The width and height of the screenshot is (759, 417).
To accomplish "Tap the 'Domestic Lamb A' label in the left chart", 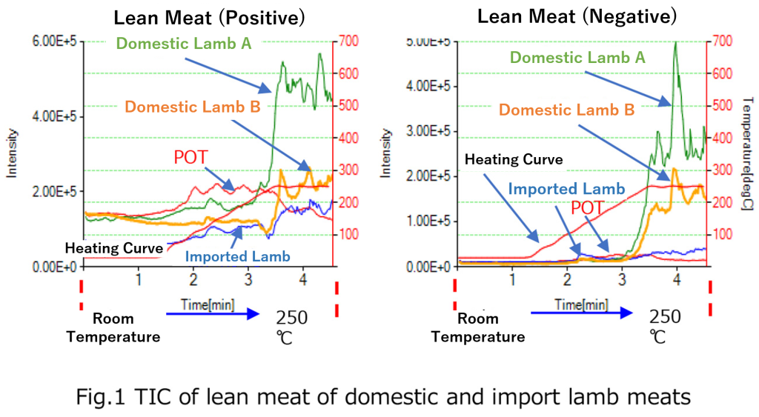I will tap(185, 43).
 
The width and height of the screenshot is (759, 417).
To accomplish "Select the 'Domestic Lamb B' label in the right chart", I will tap(566, 110).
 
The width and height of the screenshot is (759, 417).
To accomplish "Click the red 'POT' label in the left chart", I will tap(192, 157).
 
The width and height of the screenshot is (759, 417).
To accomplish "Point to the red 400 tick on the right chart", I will tap(720, 139).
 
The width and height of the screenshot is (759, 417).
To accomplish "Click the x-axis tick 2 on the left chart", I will tap(193, 279).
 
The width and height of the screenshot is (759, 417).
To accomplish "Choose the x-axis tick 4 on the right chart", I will tap(677, 279).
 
